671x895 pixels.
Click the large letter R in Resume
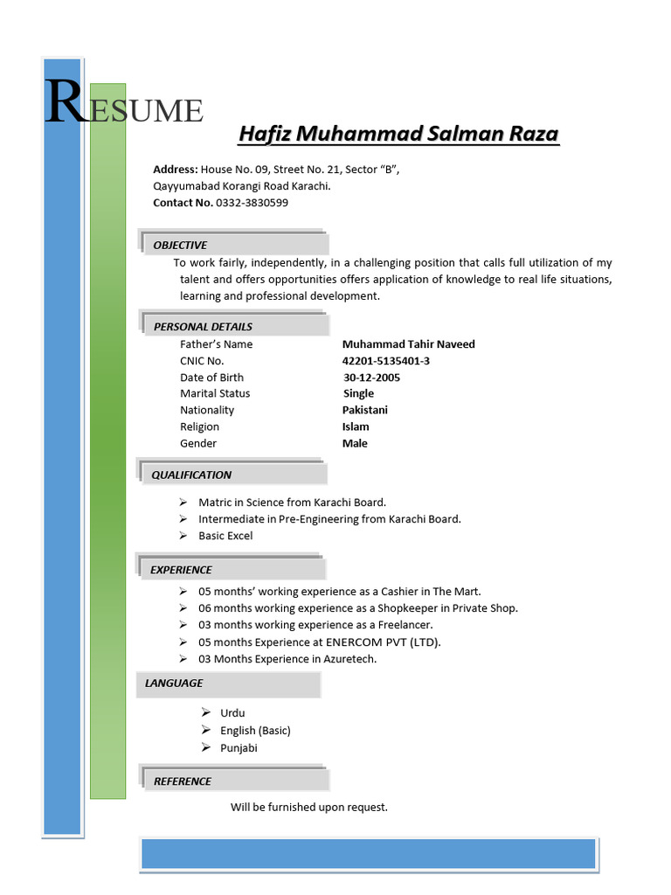66,103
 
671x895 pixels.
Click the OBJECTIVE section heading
180,245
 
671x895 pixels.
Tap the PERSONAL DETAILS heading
203,326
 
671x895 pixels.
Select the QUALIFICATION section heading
191,475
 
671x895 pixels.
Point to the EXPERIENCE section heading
181,569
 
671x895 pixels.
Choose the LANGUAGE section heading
173,683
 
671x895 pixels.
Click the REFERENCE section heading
183,781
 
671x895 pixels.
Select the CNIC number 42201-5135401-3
385,361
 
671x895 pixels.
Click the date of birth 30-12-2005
372,378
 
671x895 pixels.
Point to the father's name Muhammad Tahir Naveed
408,344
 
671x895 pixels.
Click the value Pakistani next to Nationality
365,410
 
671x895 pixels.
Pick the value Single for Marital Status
358,393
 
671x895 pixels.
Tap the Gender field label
197,443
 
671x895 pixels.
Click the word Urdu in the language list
232,713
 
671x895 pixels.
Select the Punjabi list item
239,747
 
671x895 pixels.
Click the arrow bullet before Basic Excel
183,535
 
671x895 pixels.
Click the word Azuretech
349,659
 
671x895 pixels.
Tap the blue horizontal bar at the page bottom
368,853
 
